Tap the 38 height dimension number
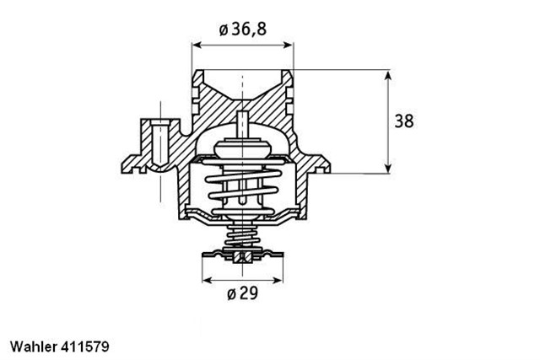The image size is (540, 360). point(404,121)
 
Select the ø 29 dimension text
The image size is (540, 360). point(242,295)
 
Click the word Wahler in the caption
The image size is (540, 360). point(33,346)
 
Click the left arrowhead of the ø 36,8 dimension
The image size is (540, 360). point(197,43)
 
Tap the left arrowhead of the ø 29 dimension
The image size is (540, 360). point(205,278)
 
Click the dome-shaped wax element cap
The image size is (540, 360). point(242,148)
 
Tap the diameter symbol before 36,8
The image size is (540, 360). point(223,30)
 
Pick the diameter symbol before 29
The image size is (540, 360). point(230,295)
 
